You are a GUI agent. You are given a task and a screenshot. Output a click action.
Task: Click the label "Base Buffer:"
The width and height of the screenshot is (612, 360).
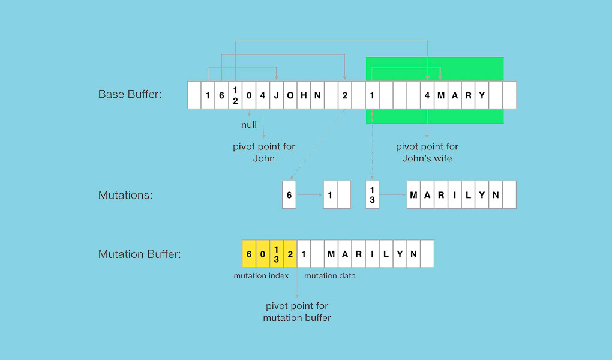pos(130,95)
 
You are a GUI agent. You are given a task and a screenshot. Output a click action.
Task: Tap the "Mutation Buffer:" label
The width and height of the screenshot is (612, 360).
pos(140,254)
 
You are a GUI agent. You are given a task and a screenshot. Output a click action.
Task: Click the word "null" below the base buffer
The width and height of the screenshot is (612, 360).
pos(248,125)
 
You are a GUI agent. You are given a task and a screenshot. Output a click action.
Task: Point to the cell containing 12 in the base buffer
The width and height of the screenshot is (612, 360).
pos(235,95)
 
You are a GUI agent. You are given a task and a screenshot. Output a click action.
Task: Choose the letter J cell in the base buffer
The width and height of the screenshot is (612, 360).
pos(277,95)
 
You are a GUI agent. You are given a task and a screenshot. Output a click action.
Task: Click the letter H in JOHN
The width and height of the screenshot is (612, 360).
pos(304,95)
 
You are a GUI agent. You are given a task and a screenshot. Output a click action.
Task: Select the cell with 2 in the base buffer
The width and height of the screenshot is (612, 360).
pos(345,95)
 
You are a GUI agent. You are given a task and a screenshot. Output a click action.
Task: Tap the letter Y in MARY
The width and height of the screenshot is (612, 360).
pos(482,95)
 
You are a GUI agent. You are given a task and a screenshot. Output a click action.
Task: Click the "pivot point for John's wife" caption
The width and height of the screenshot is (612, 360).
pos(427,152)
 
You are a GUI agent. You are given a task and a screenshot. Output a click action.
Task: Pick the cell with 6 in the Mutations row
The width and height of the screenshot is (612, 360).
pos(289,195)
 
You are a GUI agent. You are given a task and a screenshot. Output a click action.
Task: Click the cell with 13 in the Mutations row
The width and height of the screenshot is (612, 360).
pos(372,195)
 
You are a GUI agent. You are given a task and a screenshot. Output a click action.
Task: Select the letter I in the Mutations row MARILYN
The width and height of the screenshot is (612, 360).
pos(455,195)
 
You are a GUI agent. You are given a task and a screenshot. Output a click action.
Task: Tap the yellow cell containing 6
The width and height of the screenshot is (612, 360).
pos(249,254)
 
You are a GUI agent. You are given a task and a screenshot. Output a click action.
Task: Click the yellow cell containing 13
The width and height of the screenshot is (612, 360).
pos(276,254)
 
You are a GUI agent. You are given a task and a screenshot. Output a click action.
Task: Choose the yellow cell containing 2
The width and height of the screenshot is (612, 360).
pos(290,254)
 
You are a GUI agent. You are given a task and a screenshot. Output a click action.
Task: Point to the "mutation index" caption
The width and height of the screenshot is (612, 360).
pos(261,276)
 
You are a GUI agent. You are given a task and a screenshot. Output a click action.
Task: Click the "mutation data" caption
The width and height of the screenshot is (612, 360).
pos(330,276)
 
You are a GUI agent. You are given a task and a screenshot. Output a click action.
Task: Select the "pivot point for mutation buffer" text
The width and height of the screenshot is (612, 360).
pos(297,312)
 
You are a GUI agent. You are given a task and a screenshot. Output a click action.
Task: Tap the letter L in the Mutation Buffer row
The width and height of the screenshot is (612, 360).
pos(386,254)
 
